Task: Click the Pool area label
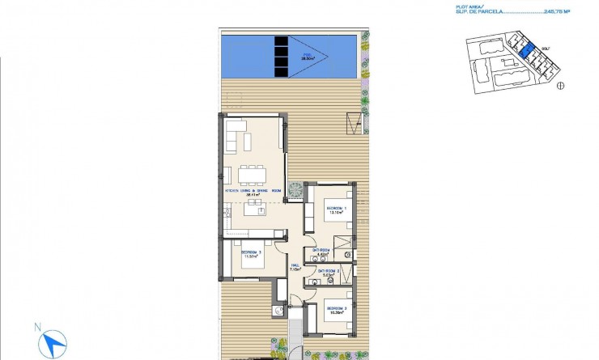(308, 57)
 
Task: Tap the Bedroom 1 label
(337, 210)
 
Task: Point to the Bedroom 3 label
(250, 255)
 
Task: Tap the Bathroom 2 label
(328, 272)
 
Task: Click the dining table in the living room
(252, 173)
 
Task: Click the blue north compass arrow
(54, 344)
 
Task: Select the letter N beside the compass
(36, 328)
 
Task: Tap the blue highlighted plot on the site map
(525, 53)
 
